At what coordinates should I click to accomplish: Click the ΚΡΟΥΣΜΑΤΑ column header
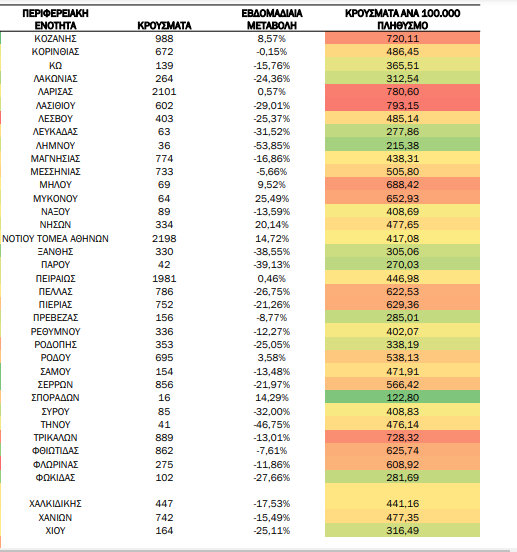point(164,26)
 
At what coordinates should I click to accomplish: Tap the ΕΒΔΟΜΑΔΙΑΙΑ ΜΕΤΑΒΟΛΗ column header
point(272,19)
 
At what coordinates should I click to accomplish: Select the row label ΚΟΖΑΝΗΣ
point(55,39)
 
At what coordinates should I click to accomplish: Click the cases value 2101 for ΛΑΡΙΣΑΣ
point(164,92)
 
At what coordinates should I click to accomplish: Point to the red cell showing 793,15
point(402,105)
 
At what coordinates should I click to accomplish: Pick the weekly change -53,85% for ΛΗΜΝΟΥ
point(272,145)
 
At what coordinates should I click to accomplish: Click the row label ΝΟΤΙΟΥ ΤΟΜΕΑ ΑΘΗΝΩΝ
point(55,239)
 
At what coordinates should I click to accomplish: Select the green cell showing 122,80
point(402,397)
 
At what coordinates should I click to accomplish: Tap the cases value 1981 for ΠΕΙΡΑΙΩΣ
point(164,279)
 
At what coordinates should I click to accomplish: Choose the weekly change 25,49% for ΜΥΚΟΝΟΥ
point(272,199)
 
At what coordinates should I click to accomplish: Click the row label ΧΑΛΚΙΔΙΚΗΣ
point(55,504)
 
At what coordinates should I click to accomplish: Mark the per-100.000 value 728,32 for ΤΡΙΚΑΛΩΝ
point(402,438)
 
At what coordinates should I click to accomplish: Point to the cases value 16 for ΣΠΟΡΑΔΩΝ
point(164,398)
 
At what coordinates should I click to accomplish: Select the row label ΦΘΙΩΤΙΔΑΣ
point(55,451)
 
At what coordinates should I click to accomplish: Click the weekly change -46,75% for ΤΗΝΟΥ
point(272,425)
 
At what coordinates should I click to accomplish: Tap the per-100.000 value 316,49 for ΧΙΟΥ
point(402,531)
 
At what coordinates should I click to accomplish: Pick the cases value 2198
point(164,239)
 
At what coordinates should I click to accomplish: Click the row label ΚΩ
point(56,66)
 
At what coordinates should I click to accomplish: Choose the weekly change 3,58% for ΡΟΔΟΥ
point(272,358)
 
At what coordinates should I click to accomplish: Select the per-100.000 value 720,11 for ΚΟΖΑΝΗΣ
point(402,39)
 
